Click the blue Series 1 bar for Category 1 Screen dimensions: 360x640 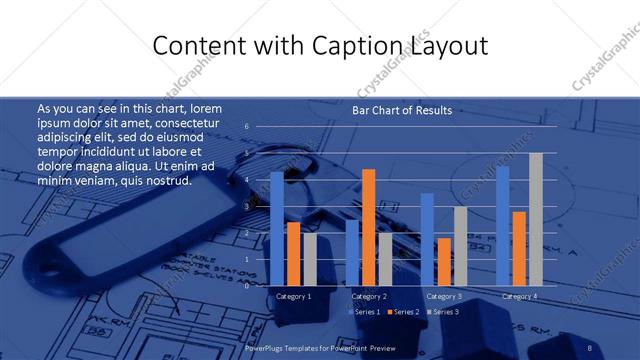coord(277,229)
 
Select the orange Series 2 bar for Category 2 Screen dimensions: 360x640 coord(368,227)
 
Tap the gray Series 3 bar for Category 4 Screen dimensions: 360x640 coord(535,219)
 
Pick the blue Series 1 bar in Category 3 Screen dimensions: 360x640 coord(427,239)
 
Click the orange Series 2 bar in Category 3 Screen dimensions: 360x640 coord(443,261)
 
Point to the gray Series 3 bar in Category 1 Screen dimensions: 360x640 coord(309,259)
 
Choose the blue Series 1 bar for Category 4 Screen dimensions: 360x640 coord(503,226)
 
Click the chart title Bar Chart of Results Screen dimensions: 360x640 coord(401,110)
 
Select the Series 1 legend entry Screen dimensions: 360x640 coord(364,312)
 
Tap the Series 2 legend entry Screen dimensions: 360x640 coord(402,312)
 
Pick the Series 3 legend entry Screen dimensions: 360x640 coord(443,312)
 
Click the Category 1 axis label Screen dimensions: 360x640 coord(293,296)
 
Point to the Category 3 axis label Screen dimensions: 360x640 coord(443,296)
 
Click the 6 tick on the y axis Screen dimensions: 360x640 coord(246,127)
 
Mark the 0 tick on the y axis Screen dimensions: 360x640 coord(246,285)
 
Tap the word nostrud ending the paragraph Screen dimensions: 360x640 coord(165,180)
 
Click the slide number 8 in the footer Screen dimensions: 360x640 coord(590,346)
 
